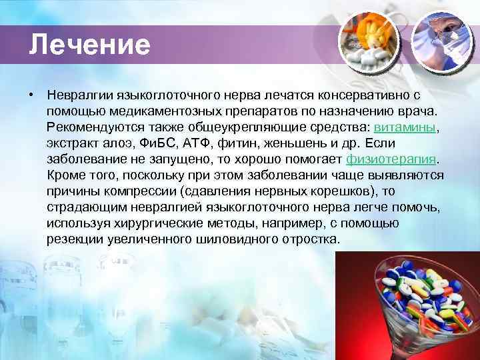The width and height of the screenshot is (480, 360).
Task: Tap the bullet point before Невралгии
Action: point(31,95)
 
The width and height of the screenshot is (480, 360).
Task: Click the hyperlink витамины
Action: point(405,127)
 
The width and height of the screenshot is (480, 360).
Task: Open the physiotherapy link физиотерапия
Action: point(392,159)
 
